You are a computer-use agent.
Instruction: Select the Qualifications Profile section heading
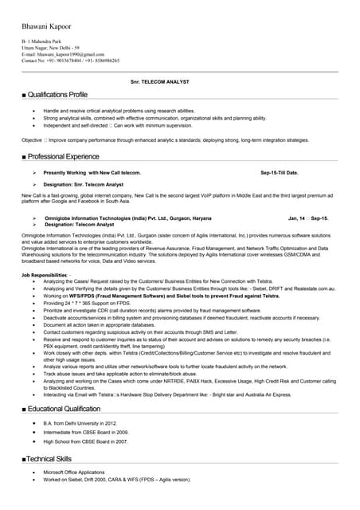point(55,95)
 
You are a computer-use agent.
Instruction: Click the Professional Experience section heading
point(60,156)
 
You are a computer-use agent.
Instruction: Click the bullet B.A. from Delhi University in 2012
point(80,422)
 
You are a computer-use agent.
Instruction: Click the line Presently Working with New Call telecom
point(92,172)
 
